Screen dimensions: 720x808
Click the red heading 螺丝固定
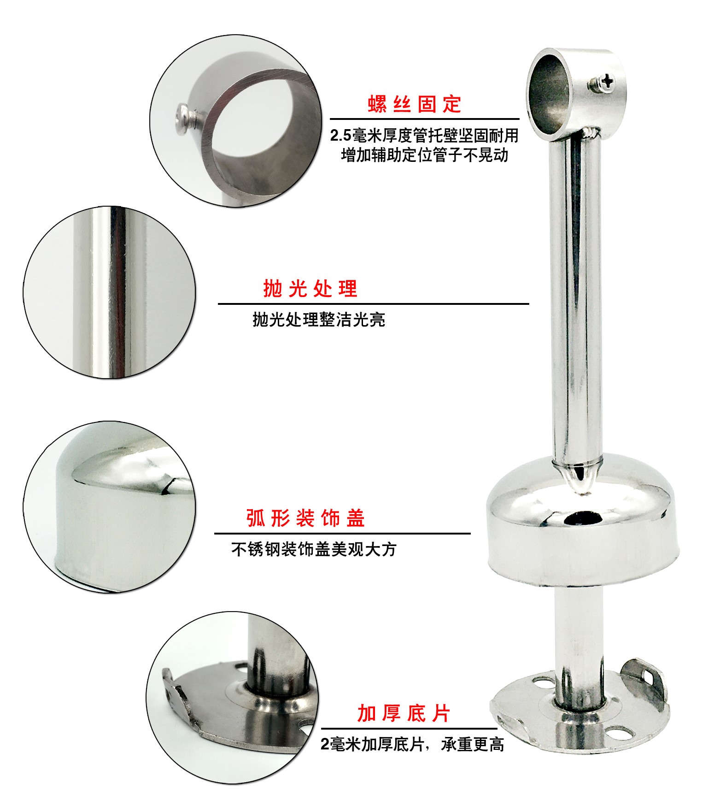pos(414,104)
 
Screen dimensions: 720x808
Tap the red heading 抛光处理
pos(310,289)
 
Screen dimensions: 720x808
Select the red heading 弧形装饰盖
pos(305,518)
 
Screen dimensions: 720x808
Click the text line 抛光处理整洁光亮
pos(319,320)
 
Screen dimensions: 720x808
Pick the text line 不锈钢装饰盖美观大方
pos(314,549)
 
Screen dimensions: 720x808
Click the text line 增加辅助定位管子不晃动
pos(425,154)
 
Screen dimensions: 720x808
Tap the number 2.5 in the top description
pos(341,136)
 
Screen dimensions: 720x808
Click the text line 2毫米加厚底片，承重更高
pos(412,744)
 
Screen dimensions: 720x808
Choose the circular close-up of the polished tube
pos(109,292)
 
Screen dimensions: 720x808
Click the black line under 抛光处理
pos(373,304)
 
